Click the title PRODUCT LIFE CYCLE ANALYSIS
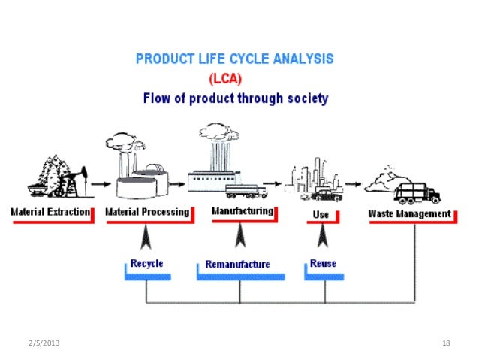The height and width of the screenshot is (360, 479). click(x=235, y=58)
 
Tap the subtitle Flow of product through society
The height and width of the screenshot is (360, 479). click(x=235, y=98)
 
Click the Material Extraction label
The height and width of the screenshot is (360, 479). click(x=50, y=213)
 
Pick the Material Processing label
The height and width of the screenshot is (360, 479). click(x=147, y=213)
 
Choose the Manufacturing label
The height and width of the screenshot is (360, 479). click(x=243, y=211)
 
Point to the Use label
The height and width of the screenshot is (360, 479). click(x=320, y=214)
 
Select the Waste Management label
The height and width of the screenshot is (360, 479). click(x=409, y=213)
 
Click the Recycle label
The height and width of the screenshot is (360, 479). click(x=146, y=264)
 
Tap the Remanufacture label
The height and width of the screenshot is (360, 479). click(x=237, y=265)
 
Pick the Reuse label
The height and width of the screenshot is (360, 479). click(x=323, y=264)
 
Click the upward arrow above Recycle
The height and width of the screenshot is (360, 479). click(x=146, y=237)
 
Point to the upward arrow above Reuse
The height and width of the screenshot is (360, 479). click(x=322, y=237)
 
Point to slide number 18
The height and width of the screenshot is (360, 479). click(x=446, y=343)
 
